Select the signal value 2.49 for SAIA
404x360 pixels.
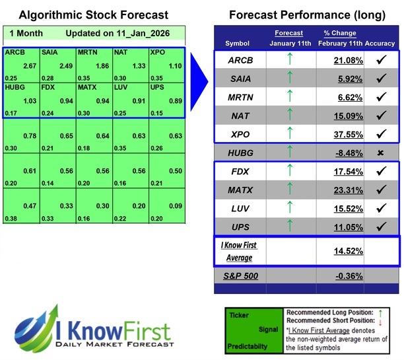[x=63, y=66]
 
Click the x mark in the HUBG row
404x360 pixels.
[x=380, y=153]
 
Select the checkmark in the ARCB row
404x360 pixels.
[x=380, y=61]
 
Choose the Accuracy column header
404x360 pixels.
[x=380, y=43]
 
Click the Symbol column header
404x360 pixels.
[x=237, y=43]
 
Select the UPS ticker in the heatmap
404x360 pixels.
[x=157, y=86]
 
